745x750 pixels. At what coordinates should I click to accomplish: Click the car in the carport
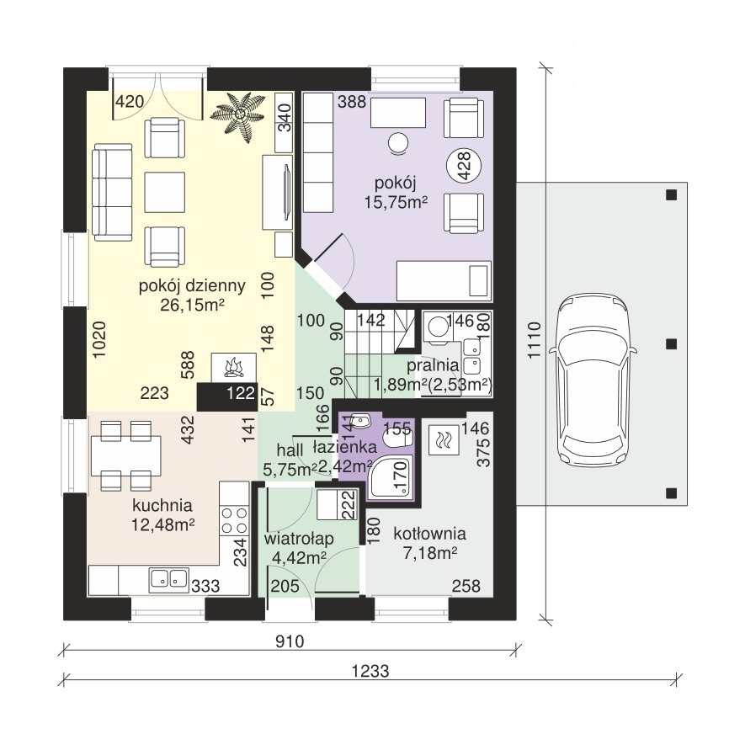point(593,380)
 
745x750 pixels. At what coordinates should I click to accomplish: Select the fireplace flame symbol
point(234,366)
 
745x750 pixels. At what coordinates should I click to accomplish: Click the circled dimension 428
point(464,166)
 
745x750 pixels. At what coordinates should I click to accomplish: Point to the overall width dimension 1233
point(370,671)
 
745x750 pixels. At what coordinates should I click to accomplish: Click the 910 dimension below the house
point(290,641)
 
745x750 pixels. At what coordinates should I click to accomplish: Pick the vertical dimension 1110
point(534,340)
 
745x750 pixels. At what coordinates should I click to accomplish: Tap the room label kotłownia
point(429,534)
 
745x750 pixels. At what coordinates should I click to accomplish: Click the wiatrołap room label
point(299,539)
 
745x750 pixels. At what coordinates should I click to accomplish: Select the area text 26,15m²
point(192,305)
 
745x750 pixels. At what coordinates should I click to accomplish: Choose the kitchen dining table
point(125,455)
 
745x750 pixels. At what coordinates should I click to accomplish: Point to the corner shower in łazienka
point(391,476)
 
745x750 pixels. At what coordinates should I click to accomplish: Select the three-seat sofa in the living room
point(112,192)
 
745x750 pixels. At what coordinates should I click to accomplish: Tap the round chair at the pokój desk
point(397,143)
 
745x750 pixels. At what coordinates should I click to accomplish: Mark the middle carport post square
point(671,344)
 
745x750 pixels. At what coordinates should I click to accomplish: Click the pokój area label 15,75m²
point(396,202)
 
